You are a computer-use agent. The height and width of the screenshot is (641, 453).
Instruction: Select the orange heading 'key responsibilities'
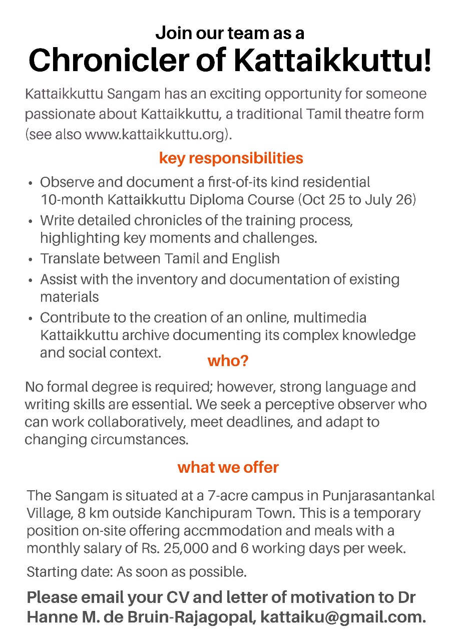point(231,158)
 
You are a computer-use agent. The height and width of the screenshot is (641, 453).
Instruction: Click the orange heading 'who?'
point(228,361)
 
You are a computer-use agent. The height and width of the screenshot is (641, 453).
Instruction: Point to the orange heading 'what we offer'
point(228,468)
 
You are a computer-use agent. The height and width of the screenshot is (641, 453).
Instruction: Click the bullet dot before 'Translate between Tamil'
point(31,260)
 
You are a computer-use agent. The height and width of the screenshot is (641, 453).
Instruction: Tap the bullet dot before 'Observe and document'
point(31,183)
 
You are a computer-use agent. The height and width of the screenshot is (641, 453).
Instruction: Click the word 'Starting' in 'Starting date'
point(49,571)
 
